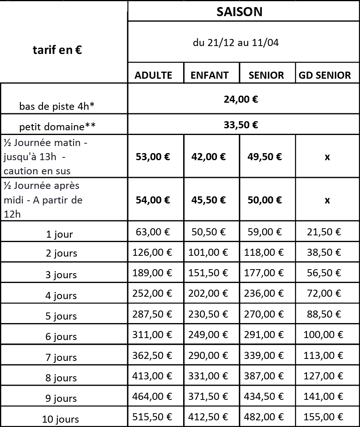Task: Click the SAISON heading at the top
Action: (x=239, y=11)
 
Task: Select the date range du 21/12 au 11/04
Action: (x=236, y=43)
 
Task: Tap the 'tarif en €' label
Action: (x=58, y=50)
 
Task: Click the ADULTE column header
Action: (x=153, y=75)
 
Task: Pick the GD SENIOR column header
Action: (x=325, y=75)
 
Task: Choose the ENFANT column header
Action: (x=210, y=75)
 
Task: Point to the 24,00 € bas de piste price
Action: (x=241, y=100)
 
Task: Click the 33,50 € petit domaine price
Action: (x=241, y=125)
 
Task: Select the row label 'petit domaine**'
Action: (x=58, y=127)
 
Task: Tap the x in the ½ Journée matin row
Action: (x=327, y=157)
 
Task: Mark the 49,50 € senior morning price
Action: (x=265, y=157)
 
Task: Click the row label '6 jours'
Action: (x=61, y=337)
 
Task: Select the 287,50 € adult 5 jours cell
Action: (x=153, y=314)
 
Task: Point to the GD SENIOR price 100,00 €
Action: (x=323, y=335)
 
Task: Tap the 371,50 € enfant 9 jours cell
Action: (x=208, y=396)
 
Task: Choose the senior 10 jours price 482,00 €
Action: (x=264, y=417)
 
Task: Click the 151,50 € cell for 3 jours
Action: (x=208, y=273)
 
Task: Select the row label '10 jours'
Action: (x=60, y=419)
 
